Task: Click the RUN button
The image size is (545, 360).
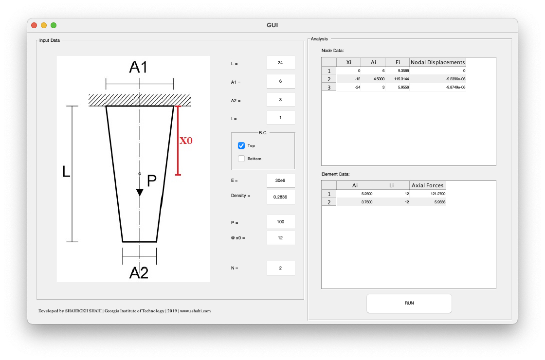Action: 409,303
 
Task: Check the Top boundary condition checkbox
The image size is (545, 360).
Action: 241,145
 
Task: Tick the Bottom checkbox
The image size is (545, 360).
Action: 241,159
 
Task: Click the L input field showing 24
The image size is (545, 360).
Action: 280,63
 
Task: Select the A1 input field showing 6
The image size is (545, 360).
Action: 280,81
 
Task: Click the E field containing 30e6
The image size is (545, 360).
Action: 280,180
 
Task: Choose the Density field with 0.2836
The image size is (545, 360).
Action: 280,197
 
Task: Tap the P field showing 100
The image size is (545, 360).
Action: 280,222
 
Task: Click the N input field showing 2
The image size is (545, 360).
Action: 280,268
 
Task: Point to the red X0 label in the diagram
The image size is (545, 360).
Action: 186,141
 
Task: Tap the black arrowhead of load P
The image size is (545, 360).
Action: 140,192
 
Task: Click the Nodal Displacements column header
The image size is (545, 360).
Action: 437,62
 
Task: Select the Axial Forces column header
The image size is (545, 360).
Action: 427,185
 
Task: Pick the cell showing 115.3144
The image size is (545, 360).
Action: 397,79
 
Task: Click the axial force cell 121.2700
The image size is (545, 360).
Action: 428,194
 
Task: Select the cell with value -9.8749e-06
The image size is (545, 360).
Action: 437,87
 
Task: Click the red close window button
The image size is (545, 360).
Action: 34,25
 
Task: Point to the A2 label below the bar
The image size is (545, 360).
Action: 139,273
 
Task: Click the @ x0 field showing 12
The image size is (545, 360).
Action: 280,238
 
